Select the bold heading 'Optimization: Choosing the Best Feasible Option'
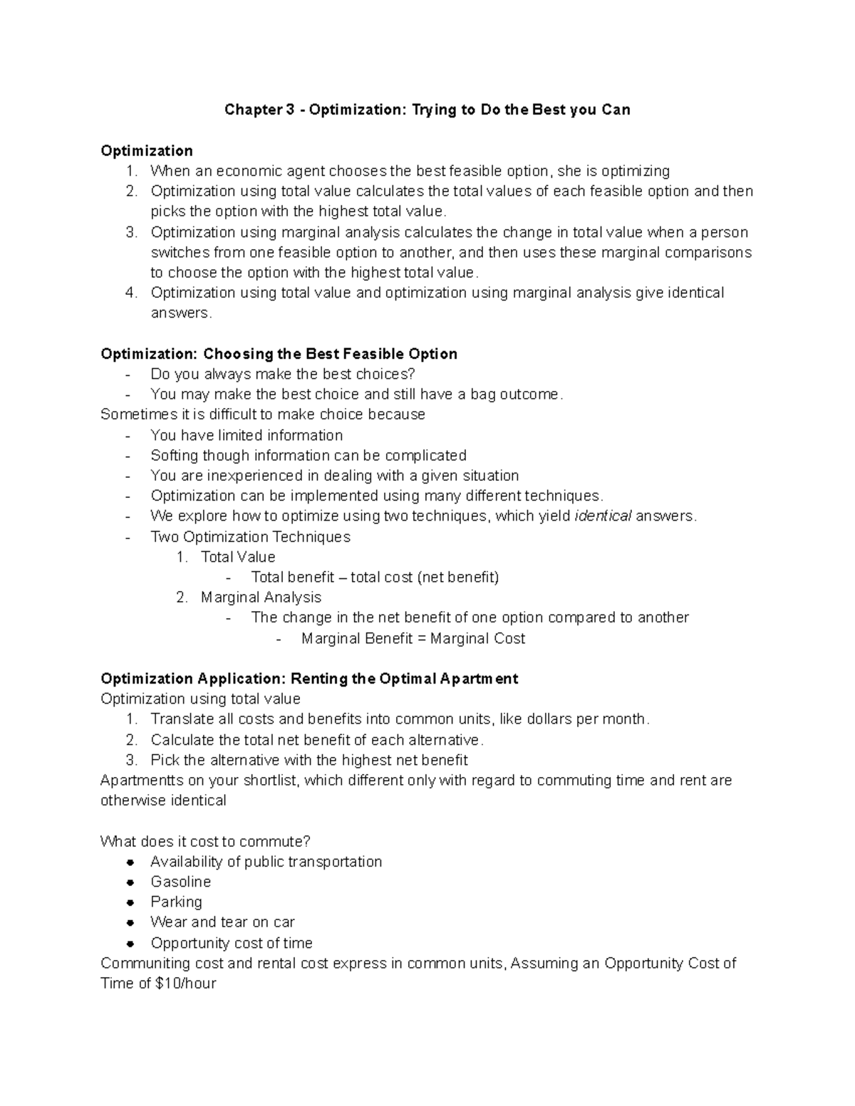pyautogui.click(x=279, y=354)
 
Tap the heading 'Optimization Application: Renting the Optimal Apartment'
pyautogui.click(x=309, y=678)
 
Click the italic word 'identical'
pyautogui.click(x=603, y=516)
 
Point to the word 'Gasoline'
pyautogui.click(x=180, y=882)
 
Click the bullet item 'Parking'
pyautogui.click(x=176, y=902)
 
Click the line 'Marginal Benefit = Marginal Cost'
pyautogui.click(x=413, y=638)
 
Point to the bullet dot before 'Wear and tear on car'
pyautogui.click(x=130, y=922)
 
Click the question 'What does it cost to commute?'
pyautogui.click(x=206, y=841)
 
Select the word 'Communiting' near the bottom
pyautogui.click(x=145, y=963)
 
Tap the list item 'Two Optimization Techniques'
pyautogui.click(x=250, y=536)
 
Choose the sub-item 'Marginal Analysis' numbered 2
pyautogui.click(x=261, y=597)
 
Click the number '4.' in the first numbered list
pyautogui.click(x=130, y=293)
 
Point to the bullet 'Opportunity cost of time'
pyautogui.click(x=232, y=943)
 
